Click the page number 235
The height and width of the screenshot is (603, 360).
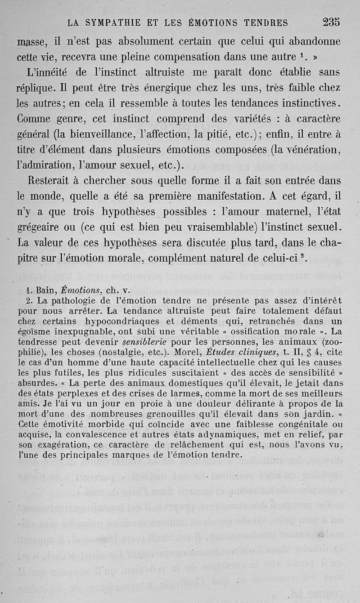[331, 22]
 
